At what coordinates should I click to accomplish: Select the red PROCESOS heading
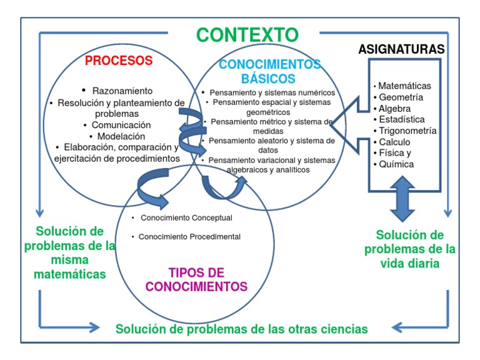[119, 61]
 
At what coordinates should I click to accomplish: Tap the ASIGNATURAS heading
[401, 49]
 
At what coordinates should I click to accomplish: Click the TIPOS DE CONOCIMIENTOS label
[196, 280]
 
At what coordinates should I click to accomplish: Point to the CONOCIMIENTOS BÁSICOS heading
[269, 72]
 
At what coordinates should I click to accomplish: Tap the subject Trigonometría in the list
[407, 131]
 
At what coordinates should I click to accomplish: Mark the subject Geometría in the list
[401, 97]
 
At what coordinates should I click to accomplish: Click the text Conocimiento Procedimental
[189, 237]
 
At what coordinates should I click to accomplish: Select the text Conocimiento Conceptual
[186, 218]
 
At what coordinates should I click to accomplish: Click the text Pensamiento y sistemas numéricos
[272, 92]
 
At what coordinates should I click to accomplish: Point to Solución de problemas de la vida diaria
[409, 249]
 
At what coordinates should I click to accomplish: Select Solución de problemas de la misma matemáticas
[70, 252]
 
